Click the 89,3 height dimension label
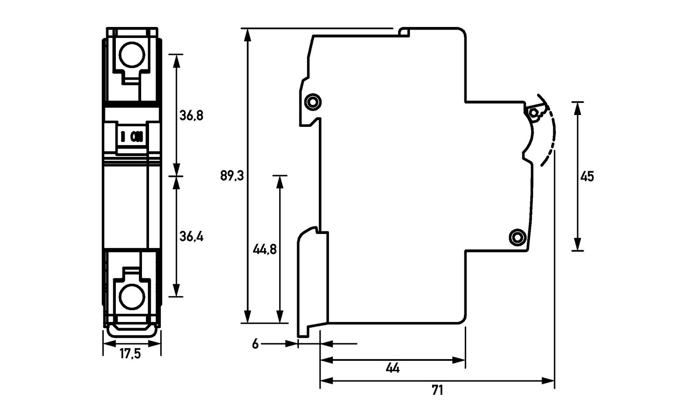click(232, 176)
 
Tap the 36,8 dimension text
click(191, 115)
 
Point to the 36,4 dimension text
click(191, 237)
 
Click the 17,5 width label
click(130, 354)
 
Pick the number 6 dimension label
click(255, 344)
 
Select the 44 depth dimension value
click(392, 369)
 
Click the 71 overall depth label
click(437, 390)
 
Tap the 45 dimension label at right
click(587, 176)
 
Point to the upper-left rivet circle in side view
click(312, 102)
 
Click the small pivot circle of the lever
click(533, 113)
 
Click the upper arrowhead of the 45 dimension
click(578, 107)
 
